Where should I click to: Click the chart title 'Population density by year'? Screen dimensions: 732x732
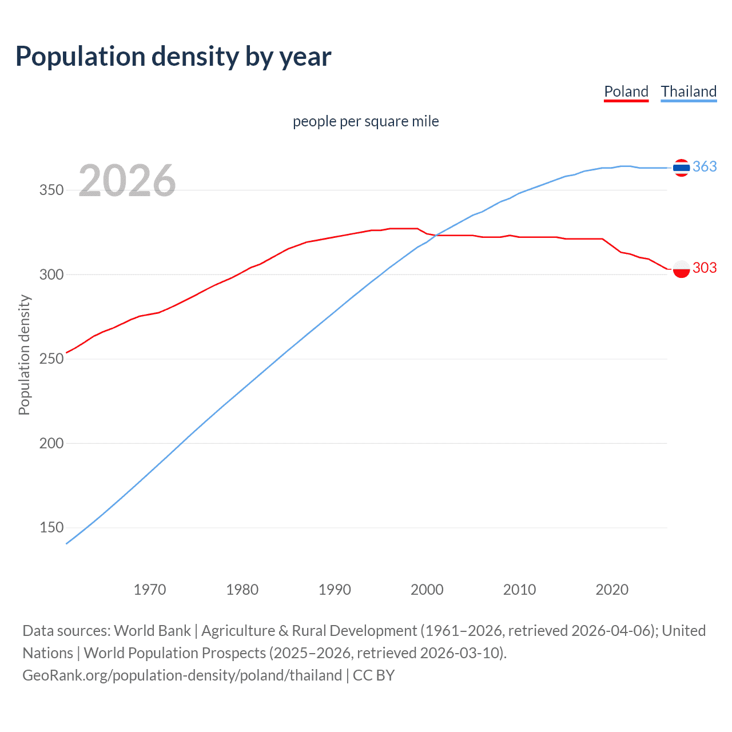pos(173,57)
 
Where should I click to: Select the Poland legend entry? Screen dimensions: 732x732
pos(626,91)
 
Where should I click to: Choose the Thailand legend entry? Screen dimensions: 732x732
pos(689,91)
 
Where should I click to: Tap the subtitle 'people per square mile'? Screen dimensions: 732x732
pos(366,121)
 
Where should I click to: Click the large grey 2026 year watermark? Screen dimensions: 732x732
pos(127,181)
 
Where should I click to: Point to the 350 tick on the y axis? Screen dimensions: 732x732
pos(51,190)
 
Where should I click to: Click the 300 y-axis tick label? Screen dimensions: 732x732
pos(51,274)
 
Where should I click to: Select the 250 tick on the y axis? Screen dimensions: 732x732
pos(51,359)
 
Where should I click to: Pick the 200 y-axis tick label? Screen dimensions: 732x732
pos(51,443)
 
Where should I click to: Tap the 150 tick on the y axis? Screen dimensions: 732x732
pos(51,527)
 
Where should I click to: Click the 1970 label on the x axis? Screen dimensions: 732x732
pos(150,590)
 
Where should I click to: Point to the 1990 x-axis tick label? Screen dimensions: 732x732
pos(335,590)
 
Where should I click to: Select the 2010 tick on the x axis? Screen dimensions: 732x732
pos(519,590)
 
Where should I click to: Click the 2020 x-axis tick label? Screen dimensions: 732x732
pos(612,590)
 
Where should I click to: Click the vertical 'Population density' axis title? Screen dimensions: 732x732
pos(24,355)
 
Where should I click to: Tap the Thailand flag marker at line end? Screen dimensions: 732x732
pos(681,168)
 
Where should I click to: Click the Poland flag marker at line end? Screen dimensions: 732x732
pos(681,268)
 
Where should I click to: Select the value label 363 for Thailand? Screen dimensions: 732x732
pos(705,166)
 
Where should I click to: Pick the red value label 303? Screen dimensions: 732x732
pos(705,268)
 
